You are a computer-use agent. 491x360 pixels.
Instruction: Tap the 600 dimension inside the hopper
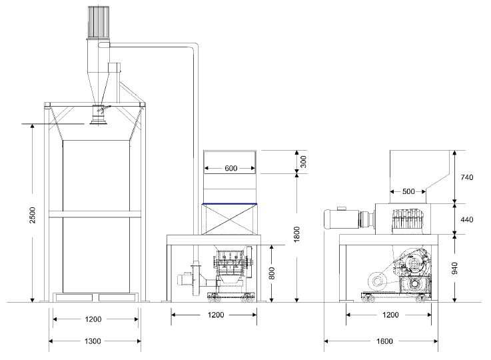click(x=231, y=168)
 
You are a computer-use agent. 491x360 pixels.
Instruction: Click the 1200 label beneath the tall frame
click(x=94, y=319)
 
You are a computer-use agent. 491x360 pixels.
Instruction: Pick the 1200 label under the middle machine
click(x=215, y=314)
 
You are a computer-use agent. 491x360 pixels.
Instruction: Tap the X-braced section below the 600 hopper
click(x=230, y=218)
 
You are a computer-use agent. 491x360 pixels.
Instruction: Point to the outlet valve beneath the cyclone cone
click(x=100, y=116)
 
